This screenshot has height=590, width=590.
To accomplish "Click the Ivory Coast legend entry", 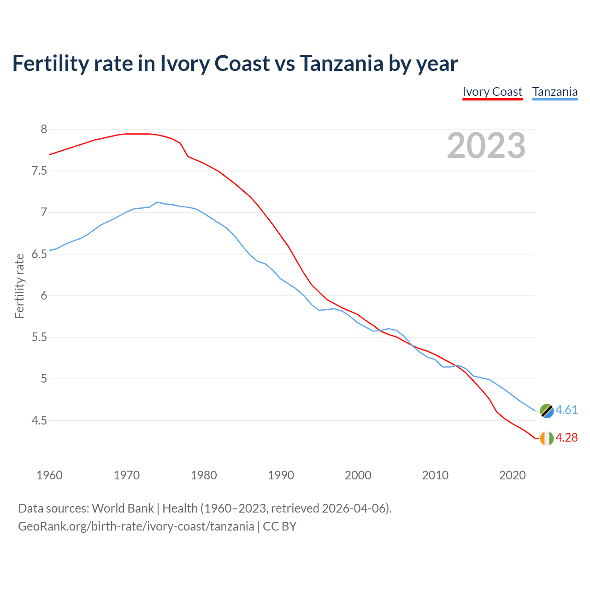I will point(492,92).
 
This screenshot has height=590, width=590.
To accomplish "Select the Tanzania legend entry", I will point(555,92).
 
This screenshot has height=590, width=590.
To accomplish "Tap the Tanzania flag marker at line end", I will point(546,411).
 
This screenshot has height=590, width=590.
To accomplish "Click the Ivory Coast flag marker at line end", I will point(546,438).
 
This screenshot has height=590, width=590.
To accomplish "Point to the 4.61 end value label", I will point(566,410).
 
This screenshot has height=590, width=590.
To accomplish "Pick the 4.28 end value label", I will point(566,438).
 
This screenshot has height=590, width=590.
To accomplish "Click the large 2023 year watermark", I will point(486,146).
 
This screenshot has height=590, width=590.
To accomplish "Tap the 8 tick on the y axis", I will point(44,130).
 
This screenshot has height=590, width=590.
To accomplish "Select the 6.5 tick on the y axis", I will point(39,254).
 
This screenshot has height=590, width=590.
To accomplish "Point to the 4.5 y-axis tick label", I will point(39,421).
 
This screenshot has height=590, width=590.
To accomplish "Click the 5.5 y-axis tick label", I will point(39,337).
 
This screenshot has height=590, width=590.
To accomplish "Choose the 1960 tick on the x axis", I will point(49,475).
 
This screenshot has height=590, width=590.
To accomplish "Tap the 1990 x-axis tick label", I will point(281,475).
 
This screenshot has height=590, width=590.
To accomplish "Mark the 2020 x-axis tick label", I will point(512,475).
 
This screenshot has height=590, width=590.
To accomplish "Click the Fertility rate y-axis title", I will point(19,286).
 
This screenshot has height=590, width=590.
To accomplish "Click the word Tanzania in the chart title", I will point(341,63).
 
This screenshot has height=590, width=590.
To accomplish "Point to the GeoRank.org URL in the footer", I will point(136,526).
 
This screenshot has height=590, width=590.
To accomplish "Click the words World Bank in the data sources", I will point(123,508).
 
